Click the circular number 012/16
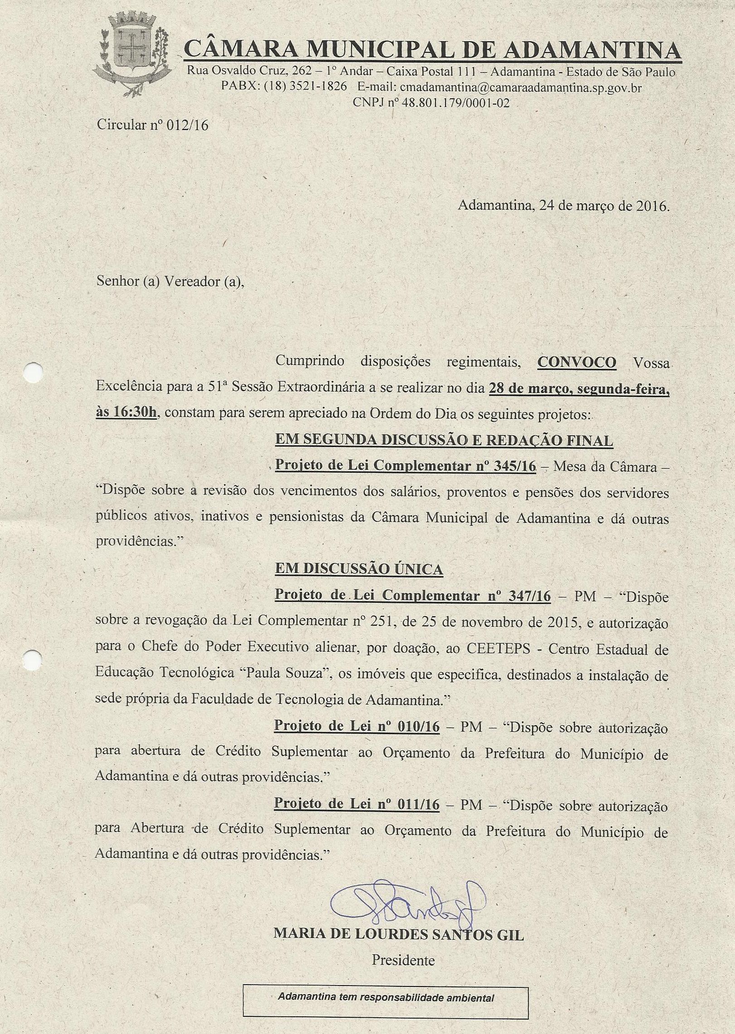point(187,125)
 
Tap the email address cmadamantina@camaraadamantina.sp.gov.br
point(521,87)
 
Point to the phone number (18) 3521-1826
point(305,87)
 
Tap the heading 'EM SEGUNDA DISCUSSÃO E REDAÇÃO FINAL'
point(444,440)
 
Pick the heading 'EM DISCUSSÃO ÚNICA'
point(359,569)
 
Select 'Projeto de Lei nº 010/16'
point(357,726)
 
